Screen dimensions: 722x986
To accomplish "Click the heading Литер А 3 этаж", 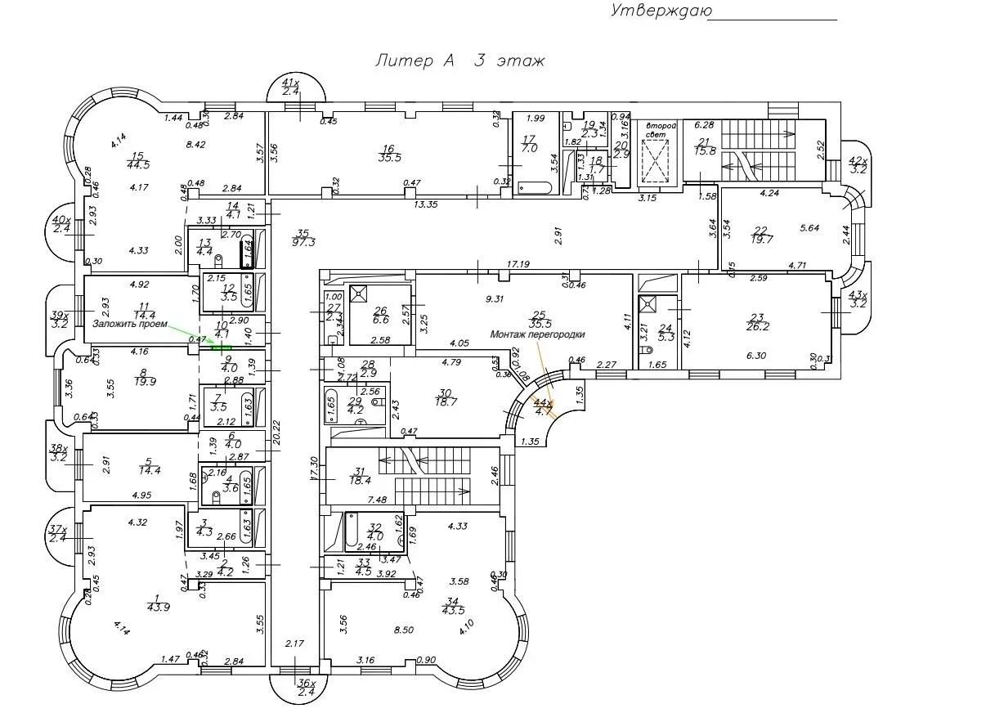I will (459, 61).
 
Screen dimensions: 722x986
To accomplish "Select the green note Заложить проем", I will (129, 324).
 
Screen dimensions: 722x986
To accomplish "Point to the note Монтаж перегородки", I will (537, 334).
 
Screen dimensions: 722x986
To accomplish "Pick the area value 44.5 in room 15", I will (137, 164).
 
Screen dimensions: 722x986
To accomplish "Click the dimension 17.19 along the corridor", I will (518, 264).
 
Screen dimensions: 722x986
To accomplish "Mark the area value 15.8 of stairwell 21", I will (706, 150).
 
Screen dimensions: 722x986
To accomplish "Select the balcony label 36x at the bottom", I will (304, 682).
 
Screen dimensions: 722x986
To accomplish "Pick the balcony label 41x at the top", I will (290, 83).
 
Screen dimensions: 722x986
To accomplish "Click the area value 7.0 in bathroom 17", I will (528, 148).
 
